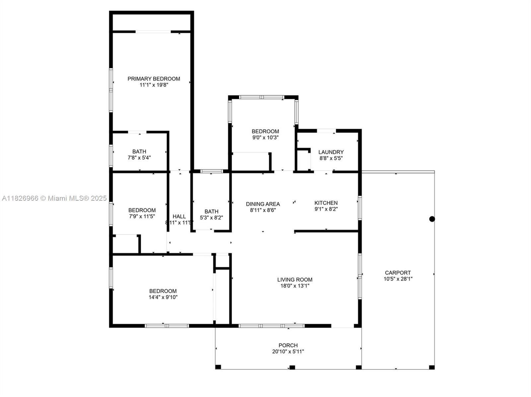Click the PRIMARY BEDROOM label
click(x=154, y=79)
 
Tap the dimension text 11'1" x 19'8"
click(x=154, y=85)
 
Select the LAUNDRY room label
click(x=331, y=152)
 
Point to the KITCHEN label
click(x=326, y=203)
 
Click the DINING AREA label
click(x=263, y=204)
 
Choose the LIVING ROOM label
click(x=295, y=280)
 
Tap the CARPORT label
click(x=398, y=273)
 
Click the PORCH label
click(x=288, y=346)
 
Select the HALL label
click(x=179, y=216)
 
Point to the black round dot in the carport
click(x=432, y=219)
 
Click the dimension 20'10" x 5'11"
click(x=288, y=352)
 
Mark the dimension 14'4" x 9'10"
click(x=163, y=297)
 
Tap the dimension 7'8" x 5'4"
click(x=139, y=158)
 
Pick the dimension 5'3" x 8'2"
click(x=211, y=218)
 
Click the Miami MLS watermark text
click(x=54, y=198)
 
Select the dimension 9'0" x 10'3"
click(x=265, y=137)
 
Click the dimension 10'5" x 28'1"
click(x=398, y=279)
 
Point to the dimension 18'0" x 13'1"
click(x=295, y=286)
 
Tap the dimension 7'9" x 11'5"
click(x=142, y=216)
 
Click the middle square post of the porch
click(x=292, y=367)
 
